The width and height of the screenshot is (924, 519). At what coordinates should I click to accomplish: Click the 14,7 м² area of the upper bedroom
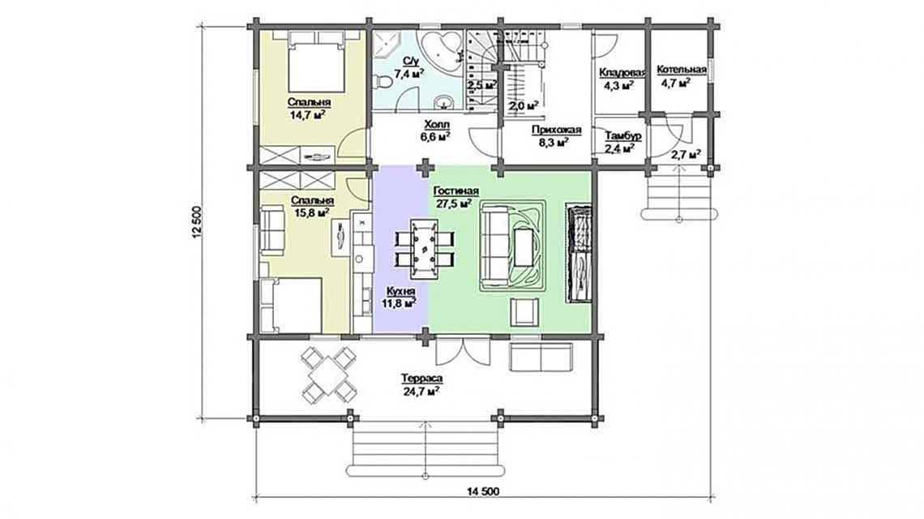308,115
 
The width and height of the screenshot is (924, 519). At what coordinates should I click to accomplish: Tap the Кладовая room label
622,72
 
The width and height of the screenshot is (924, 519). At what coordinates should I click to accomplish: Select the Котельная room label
681,70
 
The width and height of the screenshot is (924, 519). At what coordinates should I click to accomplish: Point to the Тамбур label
623,136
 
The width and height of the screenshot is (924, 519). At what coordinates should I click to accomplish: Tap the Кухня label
400,290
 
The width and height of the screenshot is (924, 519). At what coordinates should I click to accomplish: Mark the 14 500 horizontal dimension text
483,491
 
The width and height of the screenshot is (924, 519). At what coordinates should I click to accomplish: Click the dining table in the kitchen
424,244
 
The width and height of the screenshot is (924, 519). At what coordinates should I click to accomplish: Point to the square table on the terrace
328,374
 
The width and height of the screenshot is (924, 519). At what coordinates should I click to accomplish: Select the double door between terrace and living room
462,352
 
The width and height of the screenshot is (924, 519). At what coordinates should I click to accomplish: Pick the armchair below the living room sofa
523,310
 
